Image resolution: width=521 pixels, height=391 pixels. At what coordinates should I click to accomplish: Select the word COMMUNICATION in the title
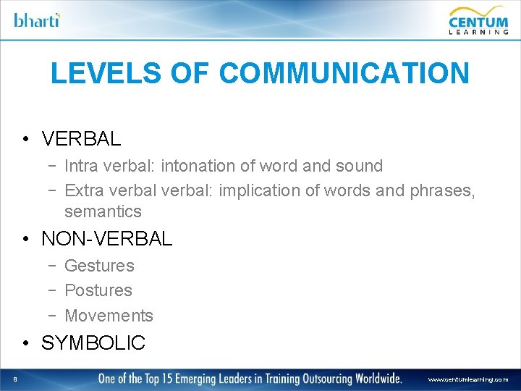coord(344,73)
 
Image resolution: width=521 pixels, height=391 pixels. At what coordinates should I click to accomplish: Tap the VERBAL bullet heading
coord(81,138)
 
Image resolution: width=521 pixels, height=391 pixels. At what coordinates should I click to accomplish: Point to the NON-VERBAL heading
coord(107,238)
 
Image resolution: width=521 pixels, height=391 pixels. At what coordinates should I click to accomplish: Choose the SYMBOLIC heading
coord(93,342)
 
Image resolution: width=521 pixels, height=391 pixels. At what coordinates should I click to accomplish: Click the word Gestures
coord(99,266)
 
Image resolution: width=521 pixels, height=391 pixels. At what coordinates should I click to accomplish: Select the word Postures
coord(98,290)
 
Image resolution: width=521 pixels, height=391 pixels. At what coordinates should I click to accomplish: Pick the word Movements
coord(109,316)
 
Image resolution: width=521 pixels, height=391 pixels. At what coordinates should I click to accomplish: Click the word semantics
coord(103,211)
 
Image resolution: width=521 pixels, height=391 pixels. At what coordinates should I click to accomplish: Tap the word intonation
coord(198,166)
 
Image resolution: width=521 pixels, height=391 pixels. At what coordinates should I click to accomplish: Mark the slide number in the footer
coord(14,379)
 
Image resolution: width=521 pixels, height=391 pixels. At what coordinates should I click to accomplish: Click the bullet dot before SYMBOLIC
coord(25,343)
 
